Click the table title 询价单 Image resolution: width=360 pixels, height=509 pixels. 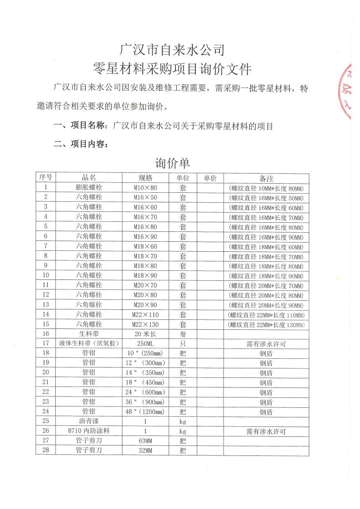click(x=173, y=163)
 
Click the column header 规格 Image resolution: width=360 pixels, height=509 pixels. click(x=145, y=178)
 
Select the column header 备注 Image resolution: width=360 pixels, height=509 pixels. click(x=266, y=178)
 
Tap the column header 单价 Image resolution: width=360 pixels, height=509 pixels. click(x=210, y=178)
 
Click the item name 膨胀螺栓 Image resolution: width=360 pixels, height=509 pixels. click(x=89, y=187)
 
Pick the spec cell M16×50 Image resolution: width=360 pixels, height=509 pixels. click(x=145, y=197)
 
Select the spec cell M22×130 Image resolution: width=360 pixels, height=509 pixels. click(x=145, y=324)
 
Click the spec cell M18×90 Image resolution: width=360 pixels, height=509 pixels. click(x=145, y=275)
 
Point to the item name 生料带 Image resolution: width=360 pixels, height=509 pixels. click(x=89, y=334)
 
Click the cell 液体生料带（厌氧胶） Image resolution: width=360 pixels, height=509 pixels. click(x=89, y=344)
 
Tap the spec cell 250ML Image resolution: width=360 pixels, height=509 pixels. click(x=145, y=344)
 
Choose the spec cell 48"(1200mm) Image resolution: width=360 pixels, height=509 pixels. click(x=145, y=412)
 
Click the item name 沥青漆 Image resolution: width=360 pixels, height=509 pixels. click(x=89, y=421)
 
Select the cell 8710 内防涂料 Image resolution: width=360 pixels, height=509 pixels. click(x=89, y=431)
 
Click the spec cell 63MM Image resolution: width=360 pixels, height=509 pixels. click(x=145, y=441)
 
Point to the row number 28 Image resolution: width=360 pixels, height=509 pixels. click(x=45, y=450)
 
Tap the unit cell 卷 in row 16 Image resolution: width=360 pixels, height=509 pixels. click(x=183, y=334)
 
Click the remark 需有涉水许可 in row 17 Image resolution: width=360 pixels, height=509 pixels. click(x=266, y=344)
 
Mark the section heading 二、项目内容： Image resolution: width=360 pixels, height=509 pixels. click(x=81, y=144)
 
